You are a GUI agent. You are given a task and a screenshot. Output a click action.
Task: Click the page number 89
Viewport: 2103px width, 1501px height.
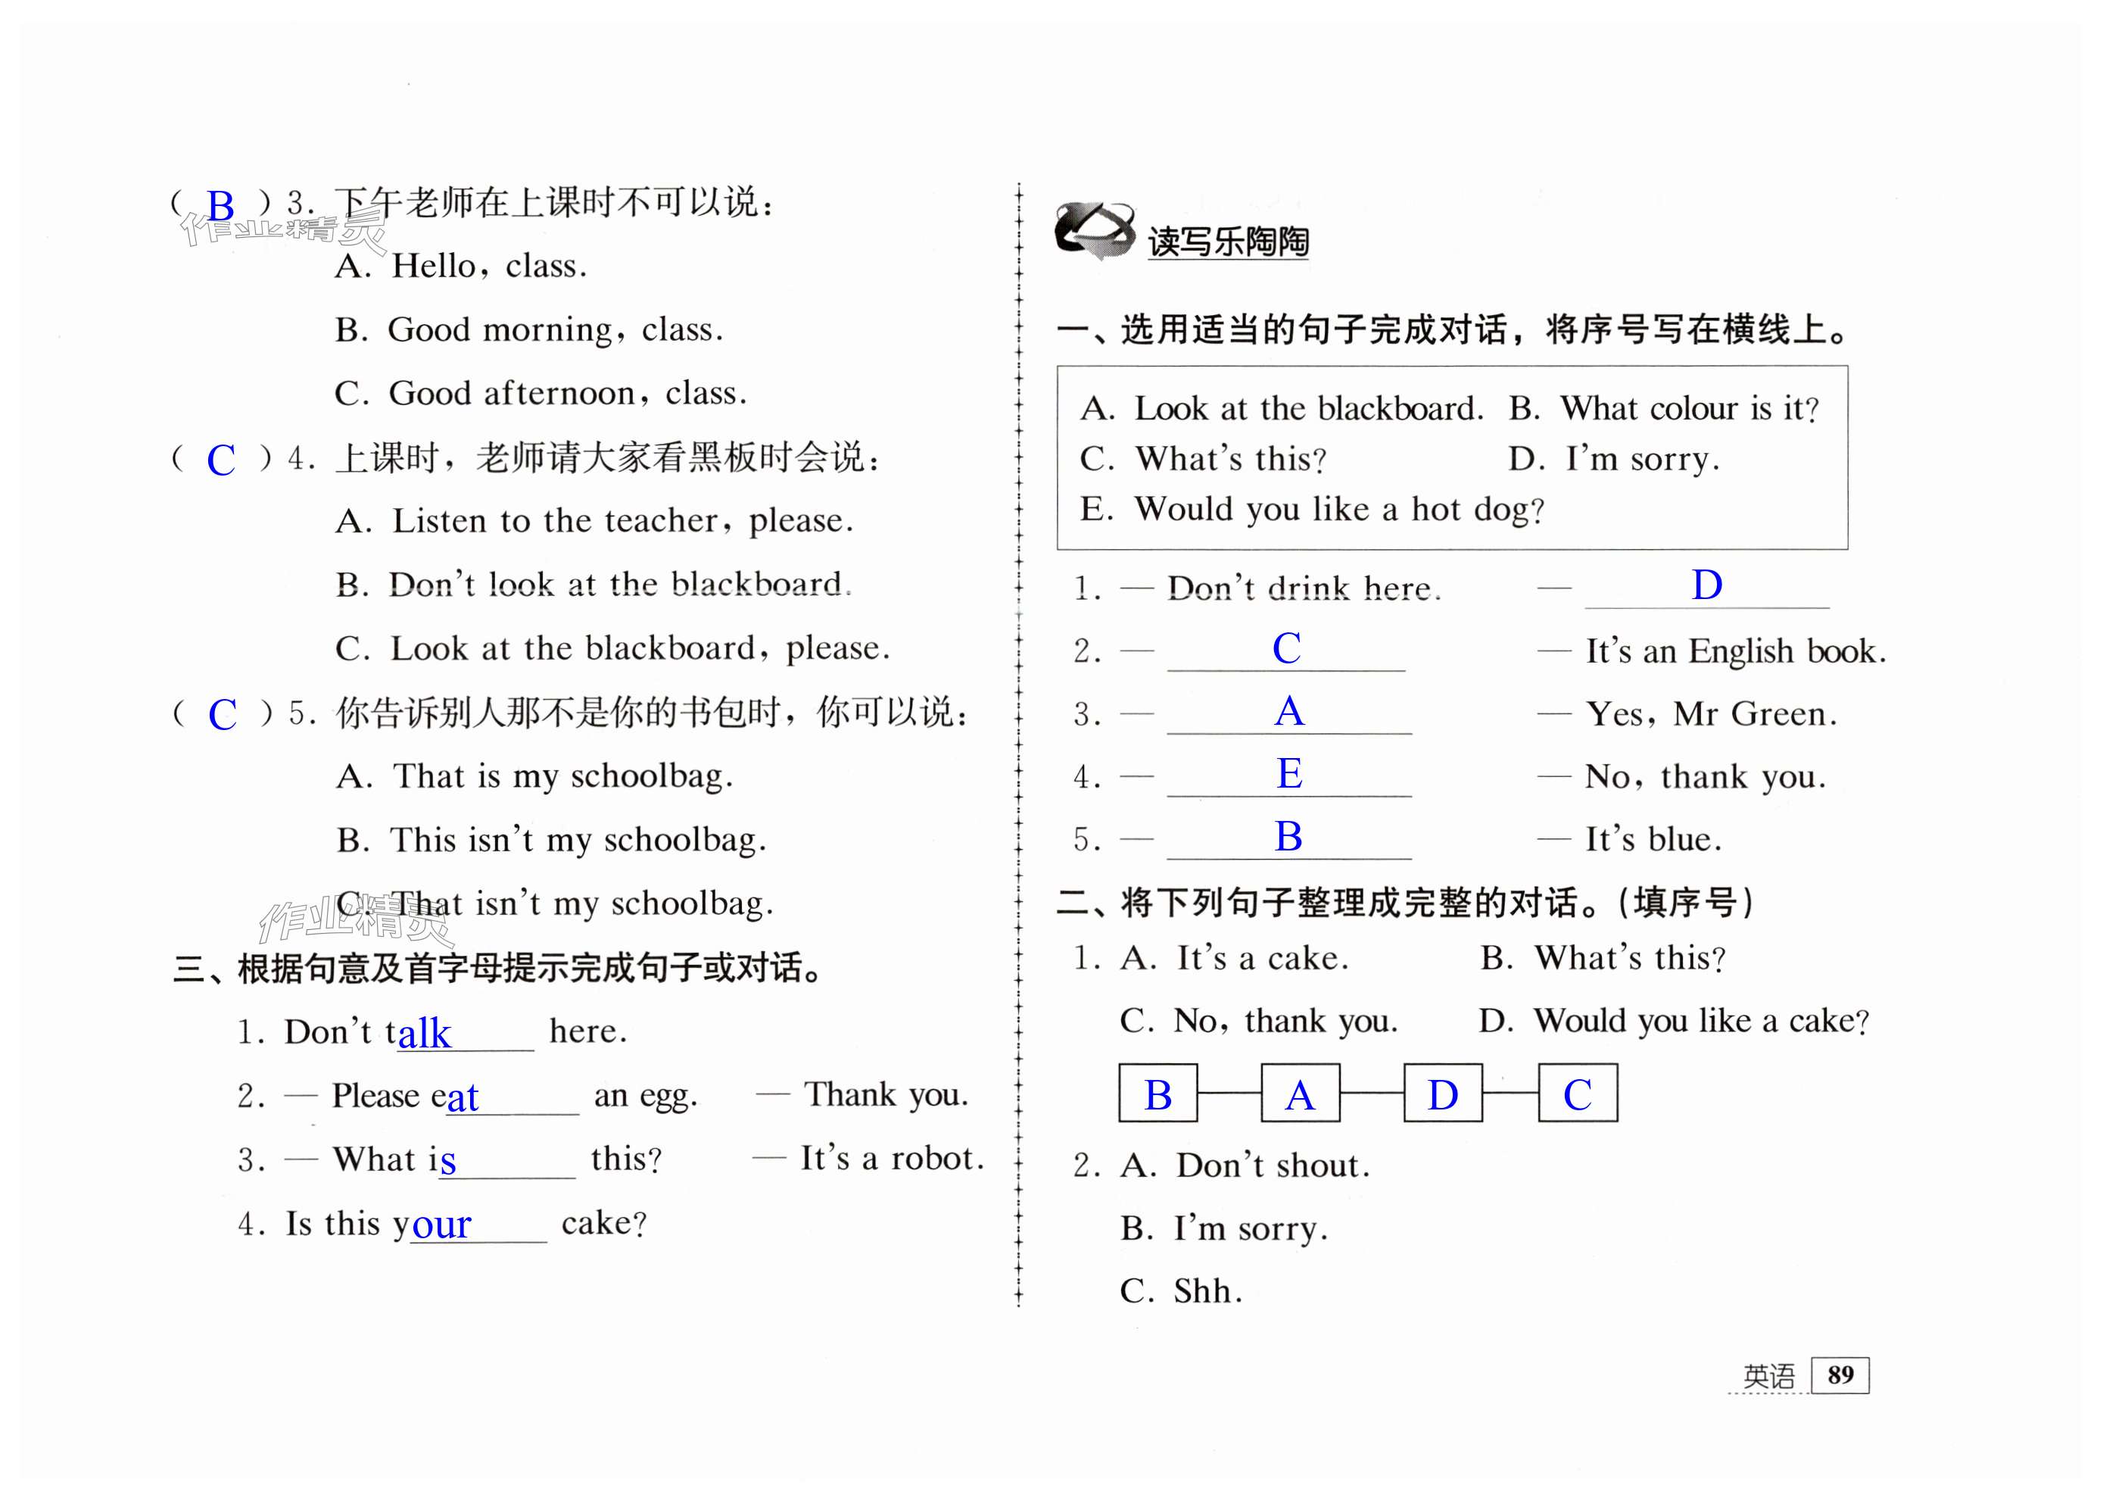tap(1839, 1375)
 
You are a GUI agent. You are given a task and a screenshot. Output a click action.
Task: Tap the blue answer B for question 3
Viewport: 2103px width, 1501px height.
tap(221, 206)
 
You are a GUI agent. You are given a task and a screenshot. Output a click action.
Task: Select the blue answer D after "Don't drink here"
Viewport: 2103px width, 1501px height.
tap(1706, 586)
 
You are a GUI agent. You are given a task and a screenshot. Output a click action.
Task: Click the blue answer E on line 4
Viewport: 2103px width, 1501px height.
tap(1289, 774)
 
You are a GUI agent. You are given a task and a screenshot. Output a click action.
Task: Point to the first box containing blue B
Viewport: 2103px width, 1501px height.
tap(1157, 1094)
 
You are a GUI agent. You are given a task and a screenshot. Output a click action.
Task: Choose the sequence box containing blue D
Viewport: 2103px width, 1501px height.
tap(1442, 1094)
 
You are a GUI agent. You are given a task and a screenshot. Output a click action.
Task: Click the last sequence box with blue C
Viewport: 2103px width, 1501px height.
tap(1578, 1094)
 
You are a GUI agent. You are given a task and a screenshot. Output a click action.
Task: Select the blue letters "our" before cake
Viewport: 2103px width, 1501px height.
tap(441, 1225)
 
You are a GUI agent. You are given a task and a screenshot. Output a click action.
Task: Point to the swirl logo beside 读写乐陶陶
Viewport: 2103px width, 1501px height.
tap(1093, 230)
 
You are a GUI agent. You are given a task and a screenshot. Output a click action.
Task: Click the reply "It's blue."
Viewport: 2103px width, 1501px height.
tap(1653, 840)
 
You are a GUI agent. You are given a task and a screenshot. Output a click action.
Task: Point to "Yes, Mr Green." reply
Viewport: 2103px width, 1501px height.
tap(1710, 714)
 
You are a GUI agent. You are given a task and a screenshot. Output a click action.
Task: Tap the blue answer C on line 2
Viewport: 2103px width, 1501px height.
tap(1286, 649)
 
